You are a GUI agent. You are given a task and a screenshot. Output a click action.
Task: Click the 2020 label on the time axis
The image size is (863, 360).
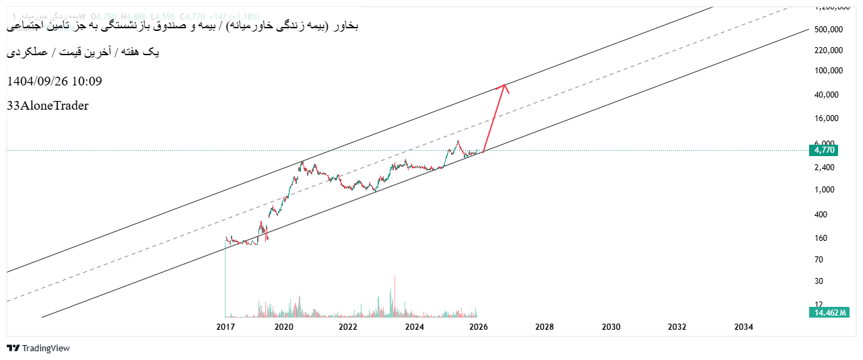click(283, 327)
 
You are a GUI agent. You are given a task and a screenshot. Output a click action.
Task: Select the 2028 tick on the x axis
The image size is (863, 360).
click(544, 327)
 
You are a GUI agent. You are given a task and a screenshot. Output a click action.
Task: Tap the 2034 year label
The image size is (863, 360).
click(743, 327)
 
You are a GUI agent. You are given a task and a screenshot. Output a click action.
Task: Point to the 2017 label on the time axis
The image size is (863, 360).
click(225, 327)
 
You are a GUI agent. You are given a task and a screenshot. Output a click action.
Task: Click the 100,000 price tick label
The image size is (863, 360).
click(829, 71)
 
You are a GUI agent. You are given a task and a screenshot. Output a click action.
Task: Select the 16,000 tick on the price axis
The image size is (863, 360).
click(826, 118)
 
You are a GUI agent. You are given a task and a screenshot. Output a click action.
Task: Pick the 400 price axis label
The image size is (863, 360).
click(821, 215)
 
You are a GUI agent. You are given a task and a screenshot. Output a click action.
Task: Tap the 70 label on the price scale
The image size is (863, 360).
click(819, 260)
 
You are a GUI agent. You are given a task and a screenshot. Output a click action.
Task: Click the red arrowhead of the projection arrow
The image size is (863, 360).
click(504, 87)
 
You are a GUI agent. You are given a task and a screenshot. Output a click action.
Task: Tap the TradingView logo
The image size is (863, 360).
click(38, 348)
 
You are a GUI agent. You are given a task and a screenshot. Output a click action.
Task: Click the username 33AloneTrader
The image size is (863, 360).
click(48, 106)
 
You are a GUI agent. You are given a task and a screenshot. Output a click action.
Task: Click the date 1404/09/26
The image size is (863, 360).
click(36, 81)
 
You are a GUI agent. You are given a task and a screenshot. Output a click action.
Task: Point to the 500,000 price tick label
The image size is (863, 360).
click(829, 30)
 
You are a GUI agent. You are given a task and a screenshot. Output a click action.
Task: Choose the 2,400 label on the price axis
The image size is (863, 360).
click(824, 168)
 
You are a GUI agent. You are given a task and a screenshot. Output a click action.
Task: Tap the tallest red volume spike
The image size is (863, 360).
click(394, 296)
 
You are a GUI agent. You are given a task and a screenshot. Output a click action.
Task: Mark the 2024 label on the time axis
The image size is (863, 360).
click(414, 327)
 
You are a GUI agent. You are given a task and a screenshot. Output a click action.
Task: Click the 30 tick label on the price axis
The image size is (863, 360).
click(819, 281)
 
